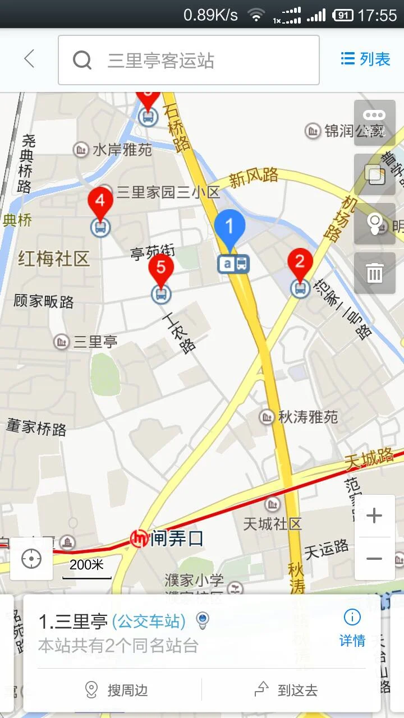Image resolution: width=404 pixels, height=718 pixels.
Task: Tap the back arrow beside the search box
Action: click(x=29, y=59)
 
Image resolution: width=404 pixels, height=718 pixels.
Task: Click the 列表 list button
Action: click(x=365, y=59)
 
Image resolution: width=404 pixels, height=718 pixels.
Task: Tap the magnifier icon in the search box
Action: click(x=82, y=60)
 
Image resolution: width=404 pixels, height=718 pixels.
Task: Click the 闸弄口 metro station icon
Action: click(x=139, y=539)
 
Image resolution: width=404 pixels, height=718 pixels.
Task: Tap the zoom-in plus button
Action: click(x=374, y=516)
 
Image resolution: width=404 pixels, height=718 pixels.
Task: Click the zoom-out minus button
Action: click(x=374, y=559)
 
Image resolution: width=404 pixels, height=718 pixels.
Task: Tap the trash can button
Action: click(x=374, y=273)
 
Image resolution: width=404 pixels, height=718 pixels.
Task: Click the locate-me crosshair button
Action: click(x=31, y=559)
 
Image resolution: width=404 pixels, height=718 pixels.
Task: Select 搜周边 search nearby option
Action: click(x=116, y=689)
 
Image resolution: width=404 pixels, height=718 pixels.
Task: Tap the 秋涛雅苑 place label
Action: click(x=307, y=417)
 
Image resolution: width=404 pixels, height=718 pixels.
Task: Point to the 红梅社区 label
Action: click(x=54, y=259)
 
